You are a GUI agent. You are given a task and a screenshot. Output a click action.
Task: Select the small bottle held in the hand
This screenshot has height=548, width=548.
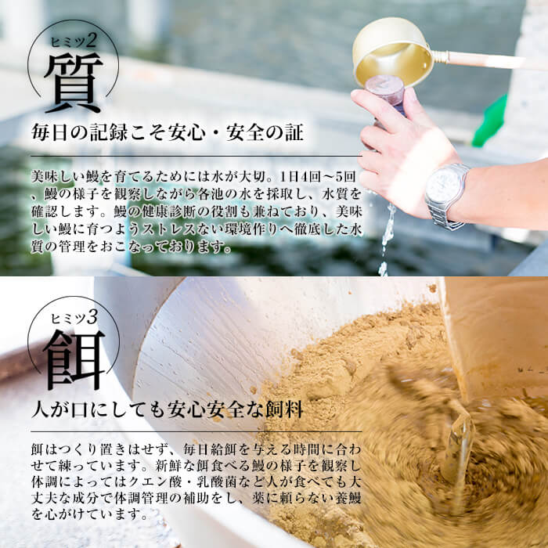click(386, 91)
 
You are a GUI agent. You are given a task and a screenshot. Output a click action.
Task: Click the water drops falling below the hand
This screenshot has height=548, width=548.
click(387, 235)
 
